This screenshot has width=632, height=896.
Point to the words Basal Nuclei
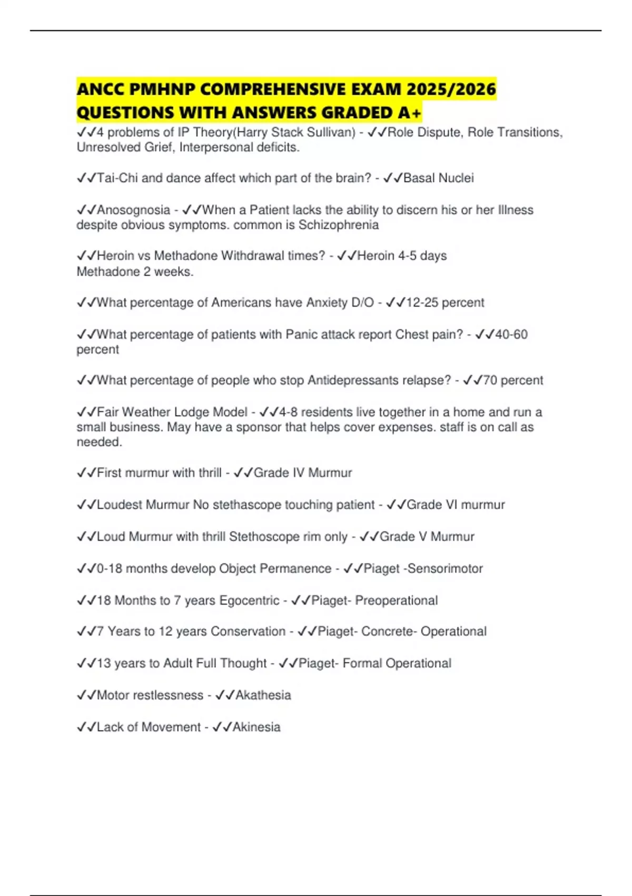[438, 178]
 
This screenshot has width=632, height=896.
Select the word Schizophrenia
[339, 225]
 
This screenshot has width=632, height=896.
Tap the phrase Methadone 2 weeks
[135, 271]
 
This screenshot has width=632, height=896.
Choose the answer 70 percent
[512, 381]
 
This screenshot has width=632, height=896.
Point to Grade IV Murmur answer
[302, 473]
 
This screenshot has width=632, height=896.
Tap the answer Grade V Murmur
[427, 537]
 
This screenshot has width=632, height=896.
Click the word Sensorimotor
[445, 569]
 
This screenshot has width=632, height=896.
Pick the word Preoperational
[396, 600]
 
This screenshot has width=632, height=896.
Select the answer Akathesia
[263, 695]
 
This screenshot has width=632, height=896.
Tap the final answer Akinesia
[256, 727]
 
